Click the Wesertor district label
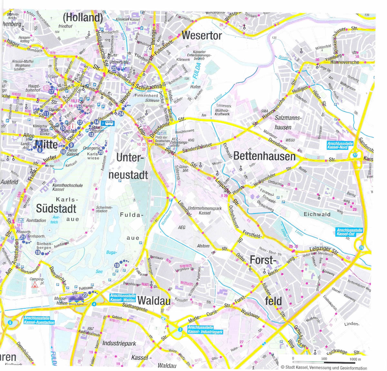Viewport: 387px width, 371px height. point(202,35)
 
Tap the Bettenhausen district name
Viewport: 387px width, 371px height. point(264,156)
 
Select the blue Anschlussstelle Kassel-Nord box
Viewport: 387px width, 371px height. point(340,145)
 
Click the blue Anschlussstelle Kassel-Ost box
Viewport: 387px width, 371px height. point(349,232)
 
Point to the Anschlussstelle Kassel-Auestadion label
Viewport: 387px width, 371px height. point(39,320)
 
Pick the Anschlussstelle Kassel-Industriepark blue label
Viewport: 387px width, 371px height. point(205,329)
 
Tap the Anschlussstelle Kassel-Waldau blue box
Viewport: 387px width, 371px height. point(122,297)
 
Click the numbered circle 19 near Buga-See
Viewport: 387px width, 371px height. point(117,265)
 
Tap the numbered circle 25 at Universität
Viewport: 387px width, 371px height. point(114,68)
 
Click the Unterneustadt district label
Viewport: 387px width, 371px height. point(129,166)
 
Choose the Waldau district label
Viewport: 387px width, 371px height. point(154,301)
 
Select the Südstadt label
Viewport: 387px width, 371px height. point(56,208)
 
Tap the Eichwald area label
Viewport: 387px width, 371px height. point(317,214)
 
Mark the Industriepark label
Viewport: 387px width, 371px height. point(119,343)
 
